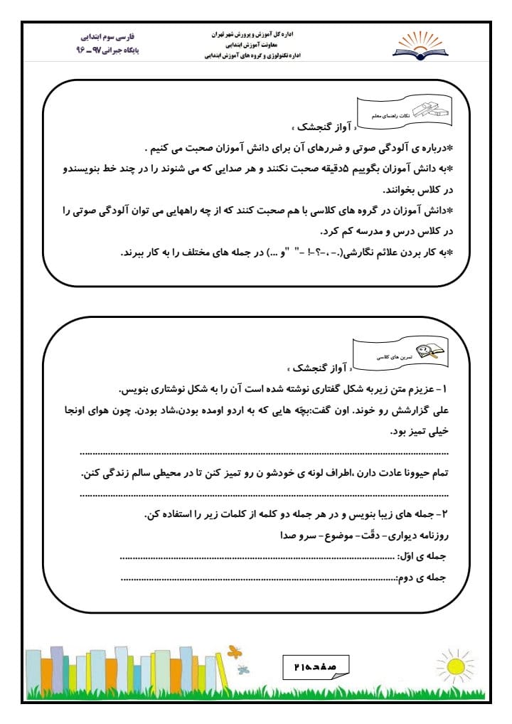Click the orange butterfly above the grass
pos(233,651)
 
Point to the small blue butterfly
pos(244,669)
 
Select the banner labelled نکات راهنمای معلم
pos(418,112)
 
